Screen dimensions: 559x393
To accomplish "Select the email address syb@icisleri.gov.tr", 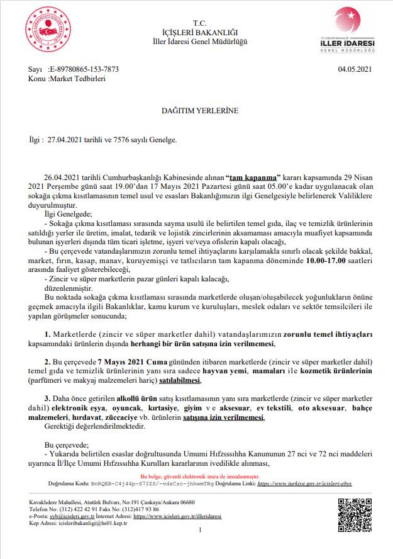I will pyautogui.click(x=69, y=516).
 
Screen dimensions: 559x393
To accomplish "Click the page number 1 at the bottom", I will pyautogui.click(x=199, y=531).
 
